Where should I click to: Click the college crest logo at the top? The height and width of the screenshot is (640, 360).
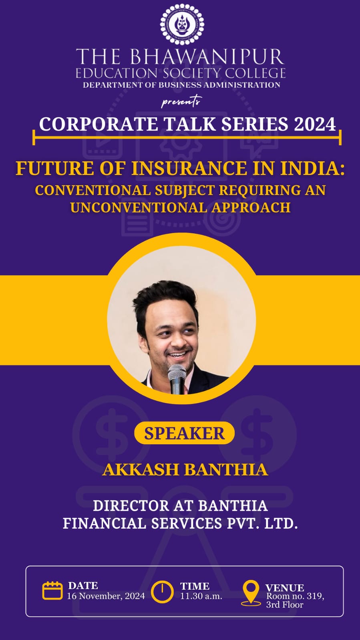182,24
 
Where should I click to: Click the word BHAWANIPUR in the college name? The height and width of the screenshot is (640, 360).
207,57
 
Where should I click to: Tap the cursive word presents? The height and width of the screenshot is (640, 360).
181,101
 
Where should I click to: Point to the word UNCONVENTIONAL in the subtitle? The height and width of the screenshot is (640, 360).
139,208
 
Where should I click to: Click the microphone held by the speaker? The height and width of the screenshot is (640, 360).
177,379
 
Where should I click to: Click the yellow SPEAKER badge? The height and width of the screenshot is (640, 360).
185,433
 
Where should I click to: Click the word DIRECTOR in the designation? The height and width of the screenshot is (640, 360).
131,506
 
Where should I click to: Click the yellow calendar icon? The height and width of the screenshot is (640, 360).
52,591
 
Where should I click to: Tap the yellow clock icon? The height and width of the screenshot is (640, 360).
162,592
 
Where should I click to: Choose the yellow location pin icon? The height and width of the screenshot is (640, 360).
251,593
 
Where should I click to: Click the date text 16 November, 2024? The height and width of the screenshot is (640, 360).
106,596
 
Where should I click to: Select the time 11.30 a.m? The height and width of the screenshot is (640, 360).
201,596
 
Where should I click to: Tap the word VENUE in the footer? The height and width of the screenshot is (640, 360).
285,588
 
